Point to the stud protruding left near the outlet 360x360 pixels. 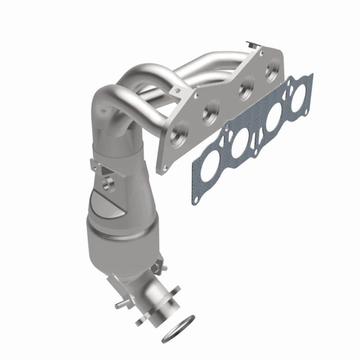[120, 306]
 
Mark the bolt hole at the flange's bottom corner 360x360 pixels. [165, 166]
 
